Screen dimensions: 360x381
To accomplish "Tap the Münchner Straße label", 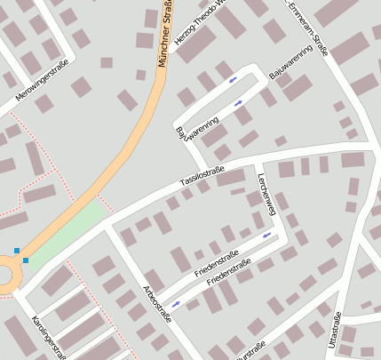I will pos(163,36).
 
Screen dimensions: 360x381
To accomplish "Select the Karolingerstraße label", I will pos(49,337).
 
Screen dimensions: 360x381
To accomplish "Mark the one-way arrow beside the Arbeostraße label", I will pos(176,304).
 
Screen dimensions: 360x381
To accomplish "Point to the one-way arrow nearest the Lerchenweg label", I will pos(266,235).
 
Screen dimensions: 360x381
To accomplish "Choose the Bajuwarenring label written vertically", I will pos(182,134).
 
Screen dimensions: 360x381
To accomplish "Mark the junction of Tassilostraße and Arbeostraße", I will pos(107,223).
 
